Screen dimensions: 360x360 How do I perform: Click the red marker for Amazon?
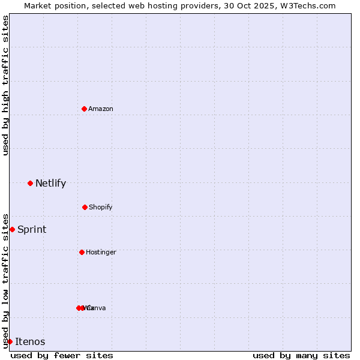pyautogui.click(x=84, y=109)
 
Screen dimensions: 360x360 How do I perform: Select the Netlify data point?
pyautogui.click(x=30, y=183)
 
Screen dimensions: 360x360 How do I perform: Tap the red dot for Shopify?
pyautogui.click(x=85, y=207)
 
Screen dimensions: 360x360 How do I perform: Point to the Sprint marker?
pyautogui.click(x=12, y=229)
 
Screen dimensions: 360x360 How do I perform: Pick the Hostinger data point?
pyautogui.click(x=82, y=252)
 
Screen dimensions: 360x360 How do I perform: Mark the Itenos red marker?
pyautogui.click(x=10, y=341)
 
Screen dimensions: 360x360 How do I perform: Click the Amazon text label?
pyautogui.click(x=101, y=109)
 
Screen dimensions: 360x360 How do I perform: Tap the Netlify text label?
pyautogui.click(x=50, y=183)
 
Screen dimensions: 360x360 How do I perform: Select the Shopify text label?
pyautogui.click(x=101, y=207)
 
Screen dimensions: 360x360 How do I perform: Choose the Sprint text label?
pyautogui.click(x=32, y=229)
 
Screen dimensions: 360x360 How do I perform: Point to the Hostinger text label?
pyautogui.click(x=101, y=252)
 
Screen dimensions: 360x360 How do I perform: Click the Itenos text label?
pyautogui.click(x=30, y=341)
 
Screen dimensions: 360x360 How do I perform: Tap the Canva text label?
pyautogui.click(x=97, y=308)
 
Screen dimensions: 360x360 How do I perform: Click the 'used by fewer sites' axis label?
pyautogui.click(x=62, y=355)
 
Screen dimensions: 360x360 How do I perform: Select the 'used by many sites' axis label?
pyautogui.click(x=301, y=355)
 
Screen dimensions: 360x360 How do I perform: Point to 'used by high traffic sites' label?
pyautogui.click(x=5, y=86)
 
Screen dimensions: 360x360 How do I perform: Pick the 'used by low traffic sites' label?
pyautogui.click(x=5, y=281)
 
